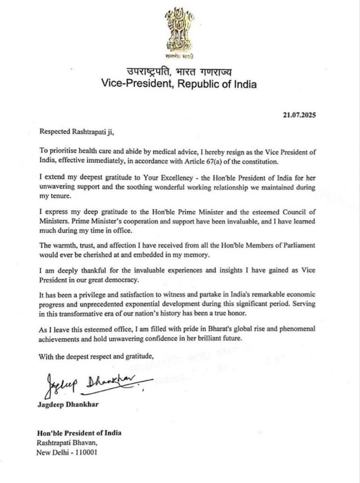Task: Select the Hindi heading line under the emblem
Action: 180,72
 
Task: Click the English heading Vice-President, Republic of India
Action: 180,84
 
